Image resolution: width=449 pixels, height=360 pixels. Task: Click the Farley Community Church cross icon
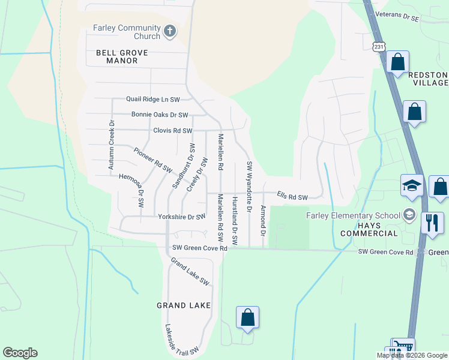(170, 31)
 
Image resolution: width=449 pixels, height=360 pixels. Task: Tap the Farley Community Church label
(127, 32)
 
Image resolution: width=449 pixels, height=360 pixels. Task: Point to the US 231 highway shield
(378, 46)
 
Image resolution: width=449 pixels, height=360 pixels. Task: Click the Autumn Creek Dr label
(112, 144)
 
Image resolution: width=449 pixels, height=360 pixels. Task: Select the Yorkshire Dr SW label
(181, 217)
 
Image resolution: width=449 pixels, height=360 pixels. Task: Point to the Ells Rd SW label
(292, 196)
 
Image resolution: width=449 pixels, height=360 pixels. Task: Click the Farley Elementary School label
(353, 216)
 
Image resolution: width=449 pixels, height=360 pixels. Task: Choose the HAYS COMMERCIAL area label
(369, 233)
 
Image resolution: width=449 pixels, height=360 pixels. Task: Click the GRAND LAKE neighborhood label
(184, 305)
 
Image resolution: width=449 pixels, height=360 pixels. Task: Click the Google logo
(20, 353)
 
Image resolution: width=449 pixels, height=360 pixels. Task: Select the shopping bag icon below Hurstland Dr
(247, 317)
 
